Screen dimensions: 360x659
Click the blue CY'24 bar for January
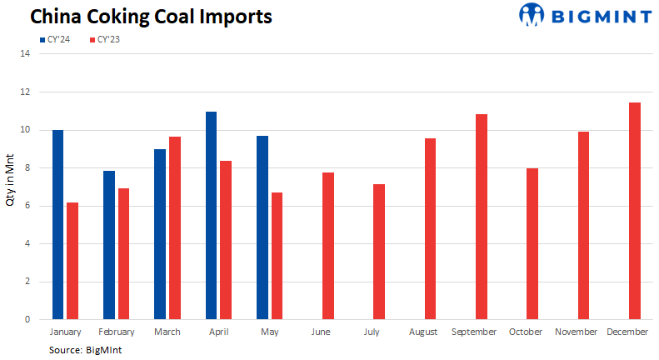tap(57, 225)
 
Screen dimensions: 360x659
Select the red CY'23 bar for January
tap(72, 261)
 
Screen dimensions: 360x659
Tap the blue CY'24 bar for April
tap(212, 216)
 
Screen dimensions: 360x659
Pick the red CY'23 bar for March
tap(175, 228)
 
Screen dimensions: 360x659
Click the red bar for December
tap(635, 211)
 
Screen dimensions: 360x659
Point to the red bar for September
tap(481, 217)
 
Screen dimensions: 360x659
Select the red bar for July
tap(379, 252)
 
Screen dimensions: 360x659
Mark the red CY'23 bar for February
tap(123, 254)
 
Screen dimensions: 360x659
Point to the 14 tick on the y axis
tap(25, 54)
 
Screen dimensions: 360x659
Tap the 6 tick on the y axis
tap(27, 206)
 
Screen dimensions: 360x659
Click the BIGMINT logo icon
tap(532, 14)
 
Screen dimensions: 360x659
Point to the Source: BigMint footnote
tap(86, 350)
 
